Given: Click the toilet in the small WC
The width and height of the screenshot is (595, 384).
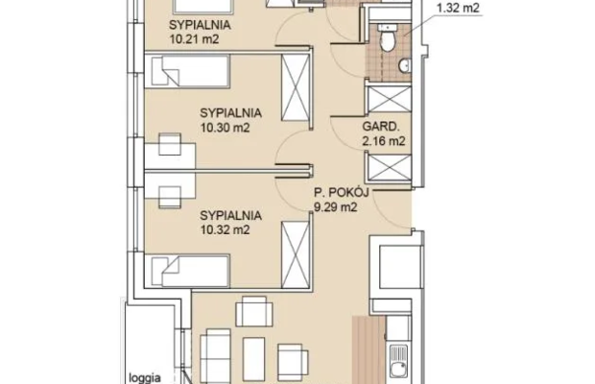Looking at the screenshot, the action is tap(388, 37).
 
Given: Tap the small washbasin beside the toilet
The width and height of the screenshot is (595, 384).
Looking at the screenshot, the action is tap(405, 65).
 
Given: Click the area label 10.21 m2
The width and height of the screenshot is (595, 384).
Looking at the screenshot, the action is tap(194, 39).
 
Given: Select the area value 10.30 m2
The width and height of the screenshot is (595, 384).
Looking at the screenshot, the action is tap(225, 128).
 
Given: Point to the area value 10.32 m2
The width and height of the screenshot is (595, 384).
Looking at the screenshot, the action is tap(225, 230).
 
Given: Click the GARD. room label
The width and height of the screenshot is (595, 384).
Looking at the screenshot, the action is tap(381, 127).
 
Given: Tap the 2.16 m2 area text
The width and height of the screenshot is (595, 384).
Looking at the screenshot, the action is tap(384, 141).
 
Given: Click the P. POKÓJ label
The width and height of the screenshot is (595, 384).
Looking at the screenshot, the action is tap(341, 192).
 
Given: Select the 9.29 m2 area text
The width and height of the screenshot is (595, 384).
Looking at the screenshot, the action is tap(336, 207).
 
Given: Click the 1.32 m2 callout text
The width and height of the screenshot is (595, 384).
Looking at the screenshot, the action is tap(458, 8).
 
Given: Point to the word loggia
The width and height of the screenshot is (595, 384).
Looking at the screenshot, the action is tap(145, 378).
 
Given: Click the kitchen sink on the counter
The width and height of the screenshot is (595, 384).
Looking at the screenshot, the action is tap(398, 361).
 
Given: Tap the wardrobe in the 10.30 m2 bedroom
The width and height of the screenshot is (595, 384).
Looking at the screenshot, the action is tap(296, 87).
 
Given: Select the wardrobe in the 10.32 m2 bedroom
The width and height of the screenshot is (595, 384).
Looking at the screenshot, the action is tap(296, 255).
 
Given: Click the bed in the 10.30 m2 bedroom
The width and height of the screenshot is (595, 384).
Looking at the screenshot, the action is tap(187, 72).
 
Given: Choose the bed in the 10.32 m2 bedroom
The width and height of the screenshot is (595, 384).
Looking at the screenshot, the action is tap(187, 271).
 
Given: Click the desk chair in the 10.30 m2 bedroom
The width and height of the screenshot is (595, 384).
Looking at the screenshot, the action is tap(170, 144).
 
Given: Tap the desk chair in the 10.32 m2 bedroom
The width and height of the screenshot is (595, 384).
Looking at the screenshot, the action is tap(170, 198).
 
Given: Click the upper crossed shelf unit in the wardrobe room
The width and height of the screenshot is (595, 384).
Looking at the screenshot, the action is tap(389, 100).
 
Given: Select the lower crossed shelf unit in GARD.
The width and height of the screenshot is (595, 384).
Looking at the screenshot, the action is tap(389, 167).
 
